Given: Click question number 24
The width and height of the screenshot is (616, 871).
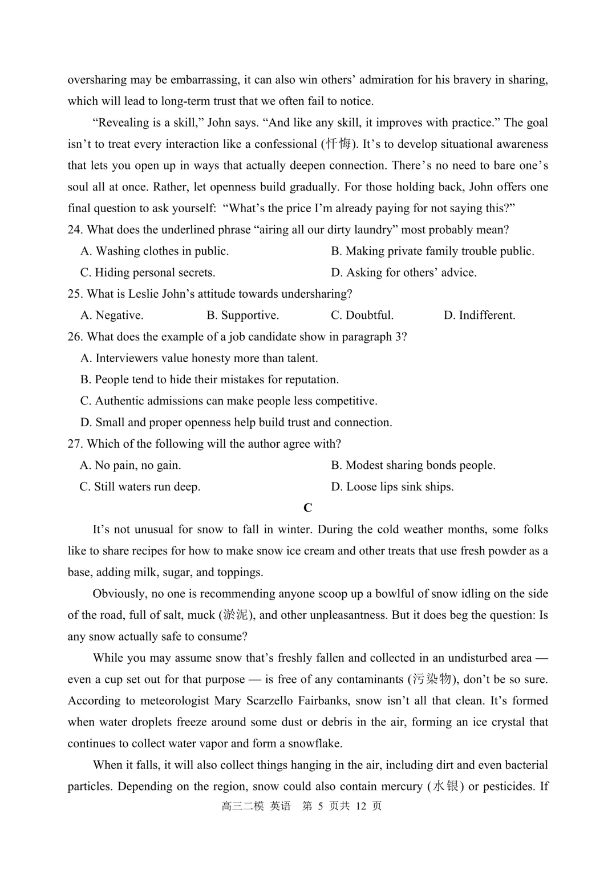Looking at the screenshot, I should point(75,230).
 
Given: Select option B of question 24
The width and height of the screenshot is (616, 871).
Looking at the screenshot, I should point(432,251).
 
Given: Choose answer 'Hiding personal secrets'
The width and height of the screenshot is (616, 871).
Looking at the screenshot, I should point(148,273).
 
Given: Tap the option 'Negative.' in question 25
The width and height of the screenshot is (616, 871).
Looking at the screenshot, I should point(112,315).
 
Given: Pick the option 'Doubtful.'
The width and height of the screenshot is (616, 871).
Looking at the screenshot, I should point(362,315).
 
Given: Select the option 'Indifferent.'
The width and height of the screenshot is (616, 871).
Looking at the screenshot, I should point(479,315).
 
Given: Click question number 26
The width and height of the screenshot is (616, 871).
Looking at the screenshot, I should point(75,337).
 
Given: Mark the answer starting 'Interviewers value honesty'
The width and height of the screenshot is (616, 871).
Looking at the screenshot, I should point(199,358).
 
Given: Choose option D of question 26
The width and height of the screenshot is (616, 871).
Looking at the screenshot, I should point(236,423).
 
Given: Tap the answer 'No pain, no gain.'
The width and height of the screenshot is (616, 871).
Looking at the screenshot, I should point(130,465).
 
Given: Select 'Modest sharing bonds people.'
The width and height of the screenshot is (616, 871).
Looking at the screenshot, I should point(413,465).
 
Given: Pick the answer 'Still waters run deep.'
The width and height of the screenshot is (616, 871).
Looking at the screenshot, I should point(140,487).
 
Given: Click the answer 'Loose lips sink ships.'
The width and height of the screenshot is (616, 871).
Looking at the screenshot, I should point(392,487).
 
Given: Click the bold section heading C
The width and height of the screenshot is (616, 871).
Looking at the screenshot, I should point(308,508).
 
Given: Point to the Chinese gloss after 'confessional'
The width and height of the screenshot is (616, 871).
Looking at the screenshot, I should point(339,144).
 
